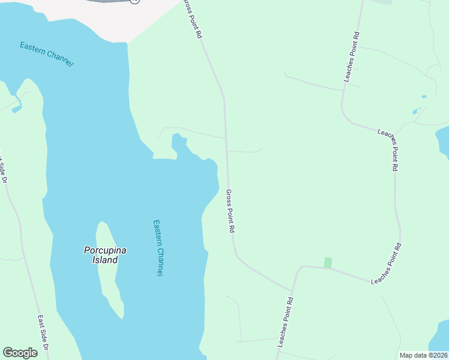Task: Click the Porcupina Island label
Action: (105, 255)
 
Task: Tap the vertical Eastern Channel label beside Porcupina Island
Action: (158, 247)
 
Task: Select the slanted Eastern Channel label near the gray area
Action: (46, 53)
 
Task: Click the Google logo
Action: (20, 353)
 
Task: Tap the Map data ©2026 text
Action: (423, 355)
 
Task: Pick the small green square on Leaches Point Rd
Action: (328, 263)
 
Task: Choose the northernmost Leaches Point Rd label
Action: (351, 57)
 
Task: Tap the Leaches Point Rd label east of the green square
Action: (386, 264)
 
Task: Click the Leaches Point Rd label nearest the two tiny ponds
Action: (387, 150)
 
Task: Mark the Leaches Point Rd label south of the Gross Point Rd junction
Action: (286, 322)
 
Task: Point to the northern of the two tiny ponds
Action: (424, 97)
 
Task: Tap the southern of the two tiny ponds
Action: (414, 112)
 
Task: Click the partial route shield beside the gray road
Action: (134, 1)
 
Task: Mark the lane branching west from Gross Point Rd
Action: (192, 132)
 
